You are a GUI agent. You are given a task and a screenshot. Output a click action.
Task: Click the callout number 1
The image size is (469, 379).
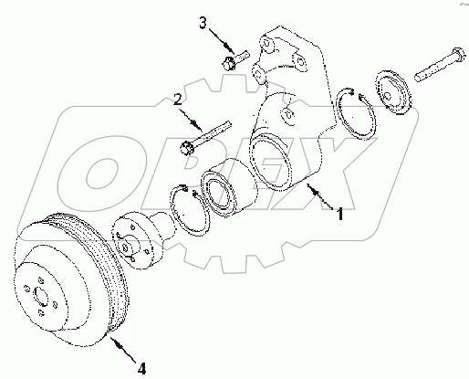(x=339, y=216)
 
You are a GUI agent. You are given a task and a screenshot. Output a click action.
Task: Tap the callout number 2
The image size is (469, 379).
(x=180, y=98)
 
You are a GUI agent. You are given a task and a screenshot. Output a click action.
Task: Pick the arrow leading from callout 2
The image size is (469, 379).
(x=193, y=116)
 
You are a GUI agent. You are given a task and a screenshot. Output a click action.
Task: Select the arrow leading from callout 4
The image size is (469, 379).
(x=120, y=350)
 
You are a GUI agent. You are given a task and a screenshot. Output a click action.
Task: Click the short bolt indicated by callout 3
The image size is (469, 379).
(x=231, y=63)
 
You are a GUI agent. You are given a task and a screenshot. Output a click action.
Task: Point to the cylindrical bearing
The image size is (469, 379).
(x=223, y=187)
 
